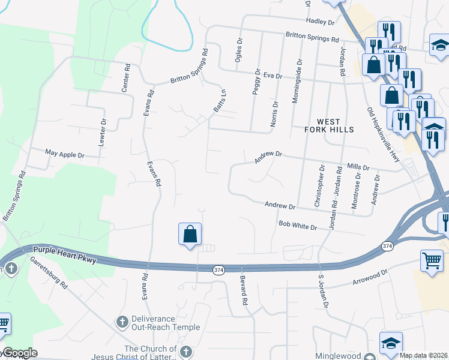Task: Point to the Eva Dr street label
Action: (273, 76)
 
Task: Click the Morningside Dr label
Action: (295, 82)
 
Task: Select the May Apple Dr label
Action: (65, 155)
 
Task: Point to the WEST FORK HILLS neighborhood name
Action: (328, 125)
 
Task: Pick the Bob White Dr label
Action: (298, 226)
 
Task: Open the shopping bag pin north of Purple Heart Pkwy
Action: (190, 233)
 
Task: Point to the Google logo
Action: (19, 353)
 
